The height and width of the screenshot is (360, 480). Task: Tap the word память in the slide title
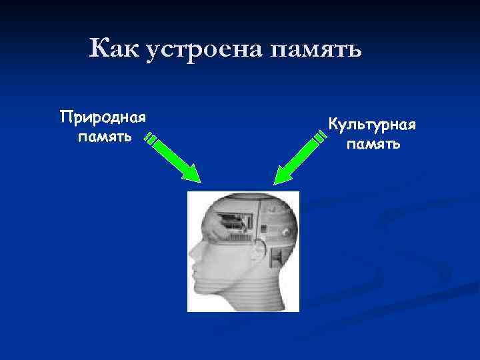tap(316, 48)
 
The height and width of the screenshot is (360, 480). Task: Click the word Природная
tap(103, 119)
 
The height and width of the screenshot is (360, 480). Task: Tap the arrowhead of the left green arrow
tap(193, 175)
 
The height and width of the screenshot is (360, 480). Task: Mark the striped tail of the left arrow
tap(151, 140)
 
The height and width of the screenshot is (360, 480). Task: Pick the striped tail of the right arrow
tap(321, 137)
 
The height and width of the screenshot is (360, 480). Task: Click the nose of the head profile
tap(192, 255)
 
